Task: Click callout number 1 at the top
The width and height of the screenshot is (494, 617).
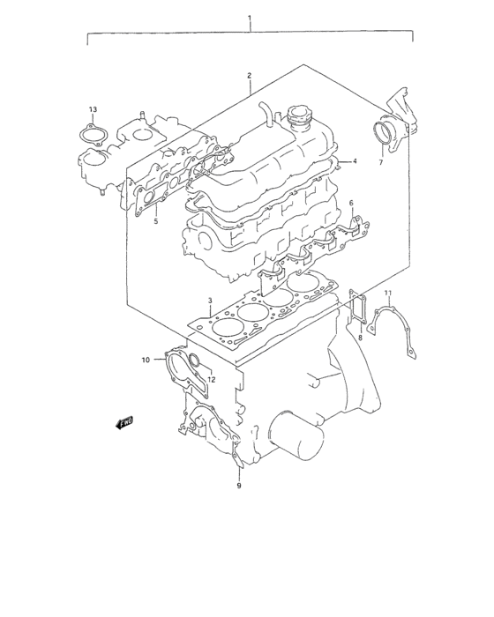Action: pyautogui.click(x=250, y=18)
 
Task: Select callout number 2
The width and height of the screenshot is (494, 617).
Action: pyautogui.click(x=250, y=76)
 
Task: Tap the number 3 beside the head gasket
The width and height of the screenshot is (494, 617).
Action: pyautogui.click(x=210, y=301)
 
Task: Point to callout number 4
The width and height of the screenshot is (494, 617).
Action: pyautogui.click(x=354, y=161)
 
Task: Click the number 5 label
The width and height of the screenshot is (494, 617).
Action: pyautogui.click(x=155, y=221)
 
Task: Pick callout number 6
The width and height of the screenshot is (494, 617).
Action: pyautogui.click(x=350, y=204)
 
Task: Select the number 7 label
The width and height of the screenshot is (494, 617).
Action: pyautogui.click(x=380, y=163)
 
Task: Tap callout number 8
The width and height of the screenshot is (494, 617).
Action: pyautogui.click(x=360, y=337)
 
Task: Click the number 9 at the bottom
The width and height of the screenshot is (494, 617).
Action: pyautogui.click(x=238, y=485)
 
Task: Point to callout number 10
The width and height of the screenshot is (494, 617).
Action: pyautogui.click(x=146, y=359)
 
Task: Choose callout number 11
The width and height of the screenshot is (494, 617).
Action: pyautogui.click(x=387, y=292)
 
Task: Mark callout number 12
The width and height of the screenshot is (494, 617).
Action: pyautogui.click(x=211, y=379)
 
